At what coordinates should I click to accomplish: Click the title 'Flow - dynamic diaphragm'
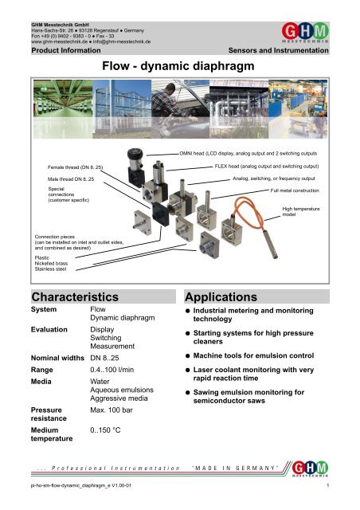coord(179,68)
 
